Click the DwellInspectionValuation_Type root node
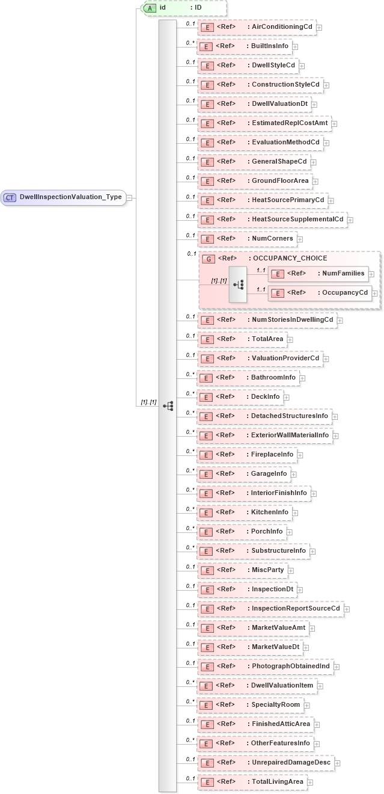tap(64, 197)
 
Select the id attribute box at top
tap(183, 8)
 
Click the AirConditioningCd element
tap(257, 27)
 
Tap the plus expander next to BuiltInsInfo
tap(296, 46)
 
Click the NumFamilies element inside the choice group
tap(318, 274)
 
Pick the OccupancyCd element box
tap(320, 293)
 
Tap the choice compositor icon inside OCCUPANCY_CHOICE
tap(238, 283)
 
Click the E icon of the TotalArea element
tap(207, 339)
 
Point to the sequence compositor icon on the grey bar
tap(168, 406)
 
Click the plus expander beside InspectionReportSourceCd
tap(347, 609)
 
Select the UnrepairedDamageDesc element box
tap(267, 763)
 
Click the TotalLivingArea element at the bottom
tap(252, 782)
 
